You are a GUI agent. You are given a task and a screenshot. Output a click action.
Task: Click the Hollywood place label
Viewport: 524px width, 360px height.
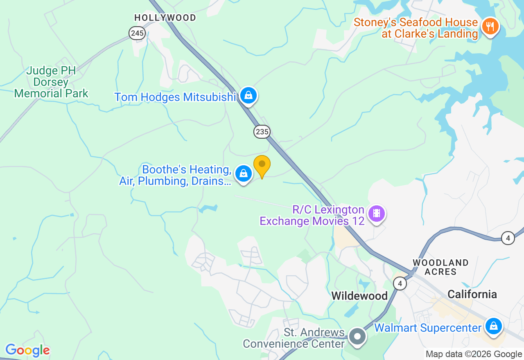click(165, 18)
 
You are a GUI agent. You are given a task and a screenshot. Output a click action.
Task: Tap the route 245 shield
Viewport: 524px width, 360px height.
click(137, 33)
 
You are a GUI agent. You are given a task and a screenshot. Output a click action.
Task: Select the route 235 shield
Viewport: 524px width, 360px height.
click(262, 131)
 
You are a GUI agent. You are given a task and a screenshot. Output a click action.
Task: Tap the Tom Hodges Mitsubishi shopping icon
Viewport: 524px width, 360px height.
click(248, 96)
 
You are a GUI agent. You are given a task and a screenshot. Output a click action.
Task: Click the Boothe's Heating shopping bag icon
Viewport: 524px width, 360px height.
click(244, 174)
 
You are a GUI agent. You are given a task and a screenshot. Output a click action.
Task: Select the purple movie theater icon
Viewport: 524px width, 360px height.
click(377, 213)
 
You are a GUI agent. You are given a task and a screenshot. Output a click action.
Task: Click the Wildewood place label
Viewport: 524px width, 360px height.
click(359, 295)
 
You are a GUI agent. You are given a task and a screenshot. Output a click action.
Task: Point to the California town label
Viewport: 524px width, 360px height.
click(472, 294)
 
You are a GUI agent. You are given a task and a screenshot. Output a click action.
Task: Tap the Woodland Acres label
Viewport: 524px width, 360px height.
click(440, 267)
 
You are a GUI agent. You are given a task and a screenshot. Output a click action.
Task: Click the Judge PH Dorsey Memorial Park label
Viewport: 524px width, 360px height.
click(51, 82)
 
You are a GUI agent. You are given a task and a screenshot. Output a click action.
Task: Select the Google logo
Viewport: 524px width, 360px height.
click(27, 350)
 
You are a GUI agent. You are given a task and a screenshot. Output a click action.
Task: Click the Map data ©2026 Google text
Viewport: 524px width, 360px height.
click(474, 354)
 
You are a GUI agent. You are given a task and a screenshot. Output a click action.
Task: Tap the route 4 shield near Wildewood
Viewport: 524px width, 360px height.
click(400, 283)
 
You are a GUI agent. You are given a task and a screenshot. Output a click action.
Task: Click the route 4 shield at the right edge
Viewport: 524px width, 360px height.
click(508, 238)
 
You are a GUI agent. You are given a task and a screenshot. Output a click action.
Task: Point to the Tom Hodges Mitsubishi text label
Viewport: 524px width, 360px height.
click(176, 97)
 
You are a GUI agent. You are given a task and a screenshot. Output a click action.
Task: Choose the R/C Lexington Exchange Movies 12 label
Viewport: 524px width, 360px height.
click(312, 216)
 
